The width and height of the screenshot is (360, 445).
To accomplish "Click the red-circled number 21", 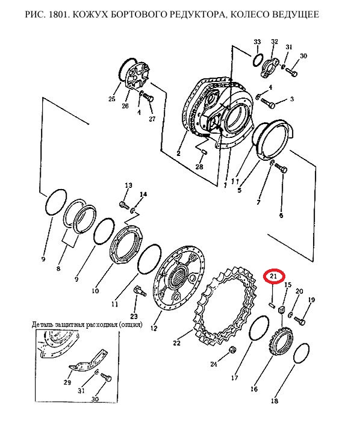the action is tap(273, 276).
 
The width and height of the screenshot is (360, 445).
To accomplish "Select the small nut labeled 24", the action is tap(232, 349).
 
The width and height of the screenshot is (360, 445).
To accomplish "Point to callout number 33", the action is tap(257, 42).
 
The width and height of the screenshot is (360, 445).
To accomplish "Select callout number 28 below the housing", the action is tap(199, 166).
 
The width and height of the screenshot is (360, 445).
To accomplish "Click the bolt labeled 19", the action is tap(299, 321).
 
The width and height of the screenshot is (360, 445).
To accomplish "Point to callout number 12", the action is tap(154, 328).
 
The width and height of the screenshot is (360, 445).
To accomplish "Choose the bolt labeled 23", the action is tap(139, 291).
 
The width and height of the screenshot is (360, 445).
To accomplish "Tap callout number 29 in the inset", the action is tap(67, 382).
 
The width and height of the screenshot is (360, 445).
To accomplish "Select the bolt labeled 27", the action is tap(148, 98).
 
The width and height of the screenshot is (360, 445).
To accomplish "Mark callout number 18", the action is tap(275, 400).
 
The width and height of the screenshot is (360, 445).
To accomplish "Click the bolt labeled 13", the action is tap(123, 204).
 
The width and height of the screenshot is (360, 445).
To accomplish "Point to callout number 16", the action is tap(254, 388).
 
